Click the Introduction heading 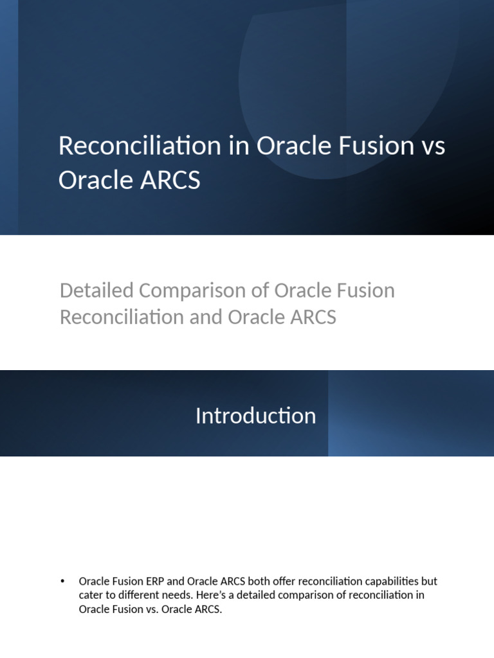point(255,416)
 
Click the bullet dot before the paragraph point(62,581)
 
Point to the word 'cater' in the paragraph point(91,596)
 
